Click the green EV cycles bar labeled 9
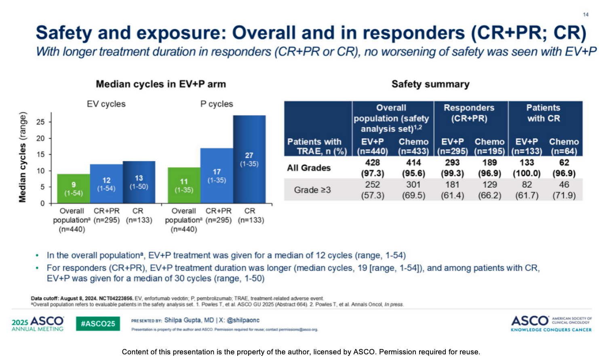(74, 188)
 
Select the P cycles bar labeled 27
(249, 159)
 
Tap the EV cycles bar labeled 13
(139, 182)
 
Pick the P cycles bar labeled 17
(217, 176)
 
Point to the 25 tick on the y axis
(40, 122)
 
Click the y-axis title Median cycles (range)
(23, 157)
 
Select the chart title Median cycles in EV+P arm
(161, 84)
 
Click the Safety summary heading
(430, 84)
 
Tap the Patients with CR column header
(543, 113)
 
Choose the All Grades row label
(309, 168)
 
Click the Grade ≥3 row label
(312, 190)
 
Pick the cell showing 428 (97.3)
(372, 168)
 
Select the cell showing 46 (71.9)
(564, 190)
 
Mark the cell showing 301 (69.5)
(413, 190)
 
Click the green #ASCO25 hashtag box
(98, 324)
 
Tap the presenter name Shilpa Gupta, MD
(189, 320)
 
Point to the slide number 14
(585, 15)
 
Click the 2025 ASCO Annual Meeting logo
(38, 324)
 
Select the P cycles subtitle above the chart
(217, 104)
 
